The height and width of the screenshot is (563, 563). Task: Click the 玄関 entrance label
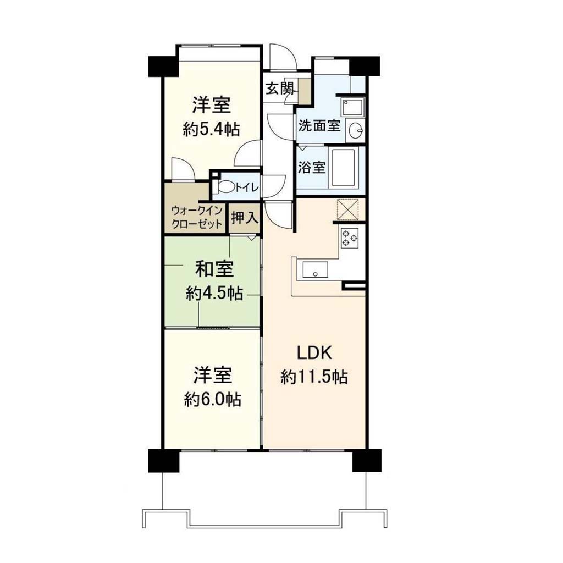coord(280,89)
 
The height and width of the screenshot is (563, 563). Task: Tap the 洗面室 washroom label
coord(319,126)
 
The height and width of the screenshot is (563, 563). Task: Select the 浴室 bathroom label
coord(312,167)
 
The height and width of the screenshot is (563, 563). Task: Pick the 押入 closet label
coord(245,218)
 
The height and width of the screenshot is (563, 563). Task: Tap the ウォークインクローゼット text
coord(196,217)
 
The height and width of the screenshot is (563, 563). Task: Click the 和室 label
coord(214,269)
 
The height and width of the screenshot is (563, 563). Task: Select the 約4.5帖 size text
coord(214,294)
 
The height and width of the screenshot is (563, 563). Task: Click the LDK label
coord(314,354)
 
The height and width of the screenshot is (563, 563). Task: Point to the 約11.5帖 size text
coord(314,377)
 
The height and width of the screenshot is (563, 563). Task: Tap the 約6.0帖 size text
coord(213,399)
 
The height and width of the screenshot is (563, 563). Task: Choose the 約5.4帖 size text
coord(212,129)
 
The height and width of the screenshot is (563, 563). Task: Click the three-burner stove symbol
coord(350,238)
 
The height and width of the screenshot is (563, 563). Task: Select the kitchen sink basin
coord(315,269)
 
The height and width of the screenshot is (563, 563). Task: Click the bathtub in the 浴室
coord(343,167)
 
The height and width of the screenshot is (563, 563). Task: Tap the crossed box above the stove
coord(347,209)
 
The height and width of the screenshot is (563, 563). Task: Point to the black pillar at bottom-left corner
coord(163,460)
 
